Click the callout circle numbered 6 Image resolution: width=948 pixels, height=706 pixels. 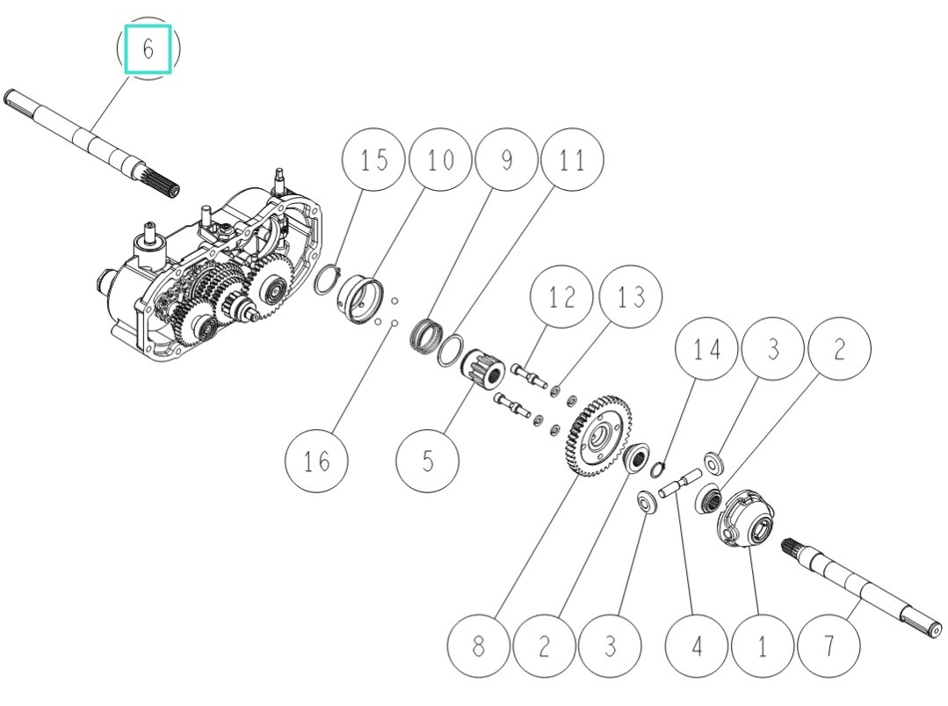(x=148, y=48)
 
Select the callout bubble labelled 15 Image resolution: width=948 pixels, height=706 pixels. (x=373, y=160)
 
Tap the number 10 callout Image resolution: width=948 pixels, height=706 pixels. (x=440, y=160)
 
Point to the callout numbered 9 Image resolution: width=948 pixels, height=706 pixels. (x=505, y=160)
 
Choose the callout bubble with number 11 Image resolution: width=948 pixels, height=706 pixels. (x=573, y=160)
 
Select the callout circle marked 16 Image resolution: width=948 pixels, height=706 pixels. (x=317, y=460)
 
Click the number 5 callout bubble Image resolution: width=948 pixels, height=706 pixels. (x=428, y=460)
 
